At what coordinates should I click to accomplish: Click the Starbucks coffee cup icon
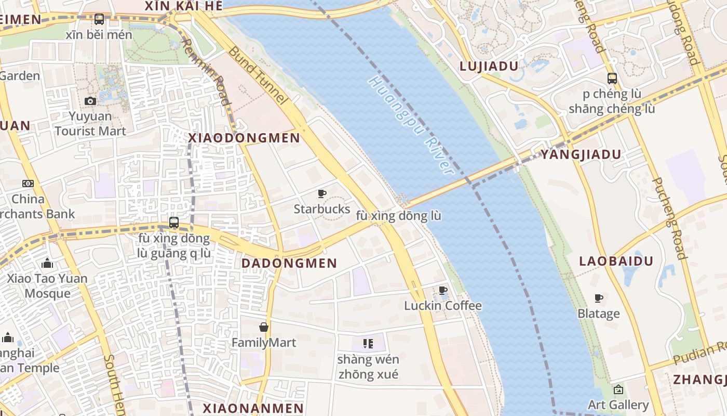(322, 194)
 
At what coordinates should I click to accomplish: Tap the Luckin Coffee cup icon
(443, 290)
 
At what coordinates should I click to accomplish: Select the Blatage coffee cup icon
(599, 298)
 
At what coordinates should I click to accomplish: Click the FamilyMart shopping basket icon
(264, 327)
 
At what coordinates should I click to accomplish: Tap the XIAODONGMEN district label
(244, 138)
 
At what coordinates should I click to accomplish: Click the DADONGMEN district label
(289, 263)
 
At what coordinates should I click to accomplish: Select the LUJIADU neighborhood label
(489, 66)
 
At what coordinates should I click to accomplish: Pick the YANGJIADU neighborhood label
(581, 154)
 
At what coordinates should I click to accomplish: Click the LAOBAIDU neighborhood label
(616, 261)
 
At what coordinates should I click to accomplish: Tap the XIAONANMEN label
(253, 408)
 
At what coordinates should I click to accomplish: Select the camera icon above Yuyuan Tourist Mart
(90, 101)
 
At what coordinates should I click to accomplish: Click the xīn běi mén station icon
(99, 19)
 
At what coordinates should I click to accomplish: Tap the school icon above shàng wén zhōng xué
(368, 343)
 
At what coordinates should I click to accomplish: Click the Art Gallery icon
(618, 389)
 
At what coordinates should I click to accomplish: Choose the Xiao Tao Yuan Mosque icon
(48, 264)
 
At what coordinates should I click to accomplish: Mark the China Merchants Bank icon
(28, 184)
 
